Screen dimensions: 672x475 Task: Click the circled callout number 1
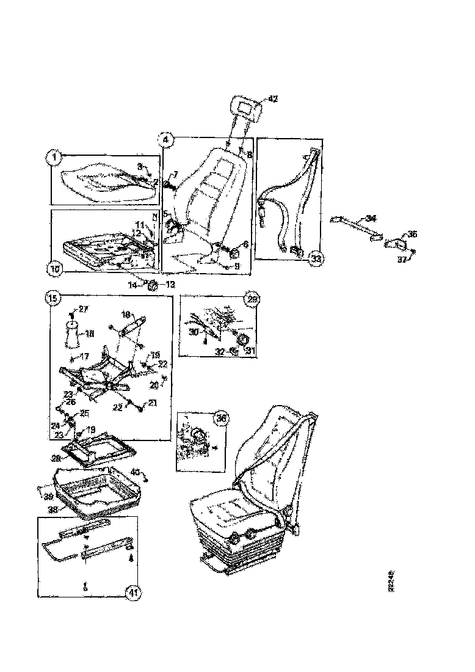pos(54,158)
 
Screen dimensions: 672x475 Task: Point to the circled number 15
pos(53,299)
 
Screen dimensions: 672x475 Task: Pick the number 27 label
pos(83,309)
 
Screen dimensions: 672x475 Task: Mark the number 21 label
pos(151,403)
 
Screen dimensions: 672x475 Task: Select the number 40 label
pos(136,471)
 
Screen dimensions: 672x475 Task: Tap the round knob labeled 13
pos(154,284)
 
